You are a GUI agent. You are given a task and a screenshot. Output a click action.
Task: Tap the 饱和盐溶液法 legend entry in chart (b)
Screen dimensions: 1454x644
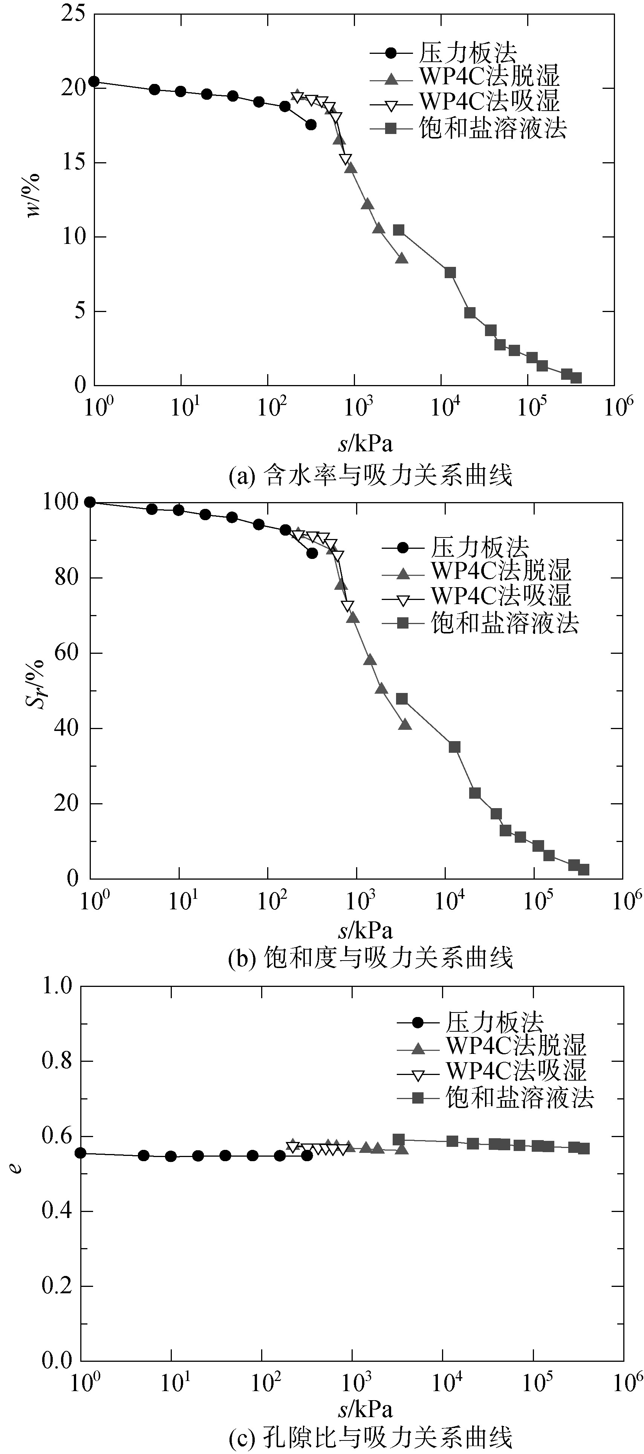click(x=505, y=623)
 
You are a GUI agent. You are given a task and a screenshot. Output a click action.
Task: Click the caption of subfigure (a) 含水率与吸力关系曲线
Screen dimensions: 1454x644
click(x=370, y=476)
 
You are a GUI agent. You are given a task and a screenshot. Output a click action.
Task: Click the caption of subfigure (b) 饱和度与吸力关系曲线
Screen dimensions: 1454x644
click(x=370, y=958)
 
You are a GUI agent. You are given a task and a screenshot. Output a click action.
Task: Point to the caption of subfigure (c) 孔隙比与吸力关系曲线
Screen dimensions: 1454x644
click(x=370, y=1438)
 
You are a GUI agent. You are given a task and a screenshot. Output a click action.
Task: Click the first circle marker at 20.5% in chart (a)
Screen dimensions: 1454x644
click(x=94, y=82)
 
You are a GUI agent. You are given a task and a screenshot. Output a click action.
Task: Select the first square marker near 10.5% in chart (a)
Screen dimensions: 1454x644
click(x=398, y=230)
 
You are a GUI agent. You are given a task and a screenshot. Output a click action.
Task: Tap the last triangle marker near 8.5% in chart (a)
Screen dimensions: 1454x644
click(x=402, y=258)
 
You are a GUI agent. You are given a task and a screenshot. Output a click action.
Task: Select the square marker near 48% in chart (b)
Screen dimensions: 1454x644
click(x=402, y=699)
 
